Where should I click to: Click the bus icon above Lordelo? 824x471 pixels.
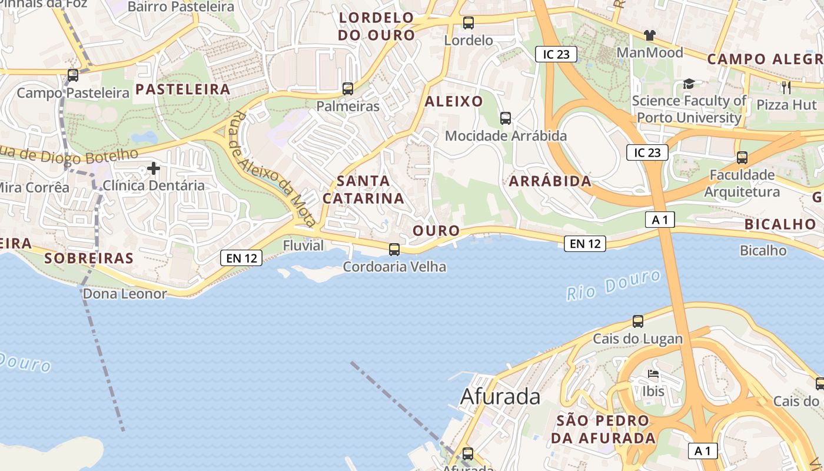tap(468, 24)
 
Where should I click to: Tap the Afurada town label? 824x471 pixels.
tap(500, 397)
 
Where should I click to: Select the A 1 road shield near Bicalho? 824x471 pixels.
tap(660, 220)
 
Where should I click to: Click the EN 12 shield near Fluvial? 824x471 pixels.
tap(241, 258)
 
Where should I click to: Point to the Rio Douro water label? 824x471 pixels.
tap(613, 285)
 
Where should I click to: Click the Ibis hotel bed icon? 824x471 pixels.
tap(653, 374)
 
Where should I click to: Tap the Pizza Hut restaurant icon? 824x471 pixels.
tap(786, 88)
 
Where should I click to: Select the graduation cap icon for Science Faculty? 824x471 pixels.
tap(689, 84)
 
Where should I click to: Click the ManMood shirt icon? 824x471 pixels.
tap(650, 35)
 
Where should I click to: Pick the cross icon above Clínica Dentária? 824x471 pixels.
tap(154, 169)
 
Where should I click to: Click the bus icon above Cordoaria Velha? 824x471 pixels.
tap(394, 250)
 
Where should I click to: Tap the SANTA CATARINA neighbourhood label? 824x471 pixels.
tap(364, 190)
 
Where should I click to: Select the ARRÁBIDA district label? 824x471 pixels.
tap(550, 181)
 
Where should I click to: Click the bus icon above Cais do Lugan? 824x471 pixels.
tap(638, 321)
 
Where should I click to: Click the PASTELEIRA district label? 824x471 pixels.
tap(182, 89)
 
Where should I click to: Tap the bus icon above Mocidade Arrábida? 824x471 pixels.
tap(506, 118)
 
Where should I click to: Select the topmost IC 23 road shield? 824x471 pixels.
tap(556, 55)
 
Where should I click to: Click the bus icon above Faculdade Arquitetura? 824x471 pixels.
tap(742, 158)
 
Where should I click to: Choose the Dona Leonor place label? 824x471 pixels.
tap(125, 294)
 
